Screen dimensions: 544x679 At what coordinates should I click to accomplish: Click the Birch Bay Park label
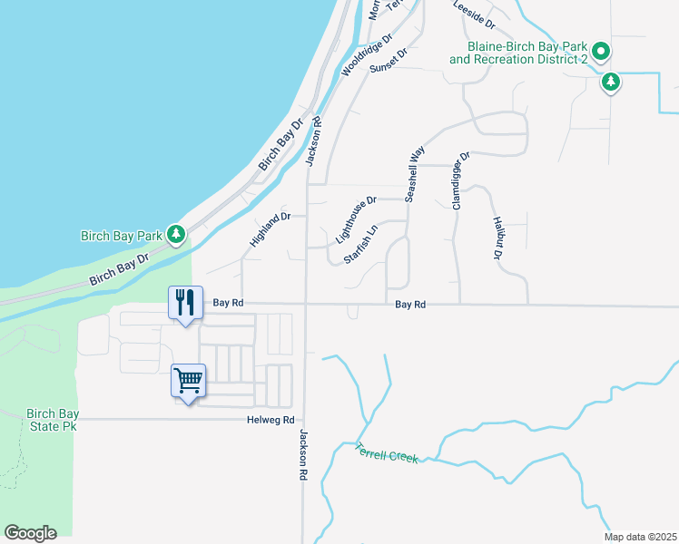click(x=121, y=236)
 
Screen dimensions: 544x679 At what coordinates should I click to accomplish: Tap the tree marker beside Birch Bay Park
click(x=176, y=236)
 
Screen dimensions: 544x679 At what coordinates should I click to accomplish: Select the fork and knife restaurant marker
click(x=186, y=303)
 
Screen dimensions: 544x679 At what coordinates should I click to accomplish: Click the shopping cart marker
click(x=188, y=381)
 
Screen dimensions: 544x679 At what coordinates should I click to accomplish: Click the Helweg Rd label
click(x=271, y=420)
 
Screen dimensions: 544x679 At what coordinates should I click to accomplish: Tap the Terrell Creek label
click(x=387, y=453)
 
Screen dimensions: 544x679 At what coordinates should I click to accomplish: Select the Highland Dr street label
click(x=270, y=231)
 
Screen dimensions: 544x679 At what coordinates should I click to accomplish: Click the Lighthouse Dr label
click(x=356, y=220)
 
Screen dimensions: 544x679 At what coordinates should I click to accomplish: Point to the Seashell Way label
click(x=414, y=175)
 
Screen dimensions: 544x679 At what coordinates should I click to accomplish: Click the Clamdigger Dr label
click(x=460, y=180)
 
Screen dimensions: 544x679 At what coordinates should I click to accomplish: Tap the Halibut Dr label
click(x=497, y=238)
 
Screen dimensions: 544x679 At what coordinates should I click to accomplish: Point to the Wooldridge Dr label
click(x=366, y=56)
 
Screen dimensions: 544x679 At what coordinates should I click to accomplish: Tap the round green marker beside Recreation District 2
click(x=601, y=51)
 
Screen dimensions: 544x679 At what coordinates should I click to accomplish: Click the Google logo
click(x=30, y=533)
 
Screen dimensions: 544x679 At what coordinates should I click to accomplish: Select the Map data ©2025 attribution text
click(x=640, y=537)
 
